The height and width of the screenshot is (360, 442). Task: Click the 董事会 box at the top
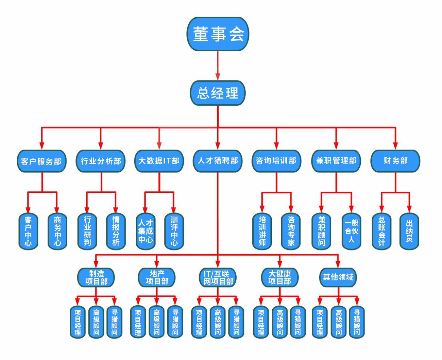[218, 34]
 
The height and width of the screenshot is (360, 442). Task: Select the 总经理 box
[218, 93]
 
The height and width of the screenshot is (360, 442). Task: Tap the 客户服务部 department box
[41, 161]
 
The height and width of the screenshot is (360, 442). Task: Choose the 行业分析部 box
[101, 161]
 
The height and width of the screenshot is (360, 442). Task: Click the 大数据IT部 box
[159, 161]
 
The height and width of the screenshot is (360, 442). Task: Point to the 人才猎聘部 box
[218, 161]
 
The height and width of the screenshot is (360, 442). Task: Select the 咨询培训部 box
[276, 161]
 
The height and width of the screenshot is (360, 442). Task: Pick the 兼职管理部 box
[336, 161]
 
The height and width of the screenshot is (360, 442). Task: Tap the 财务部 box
[395, 161]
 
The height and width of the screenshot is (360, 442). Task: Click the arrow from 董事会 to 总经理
[218, 66]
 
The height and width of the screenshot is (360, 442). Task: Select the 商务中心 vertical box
[57, 232]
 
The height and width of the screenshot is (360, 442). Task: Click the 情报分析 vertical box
[116, 232]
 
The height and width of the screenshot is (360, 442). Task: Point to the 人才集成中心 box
[146, 232]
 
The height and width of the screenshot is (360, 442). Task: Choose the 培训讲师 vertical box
[262, 232]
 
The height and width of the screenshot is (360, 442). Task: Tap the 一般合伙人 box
[351, 232]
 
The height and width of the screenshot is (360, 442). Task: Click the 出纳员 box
[409, 232]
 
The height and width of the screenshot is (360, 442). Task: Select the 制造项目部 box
[96, 277]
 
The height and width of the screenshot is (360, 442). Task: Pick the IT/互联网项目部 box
[218, 278]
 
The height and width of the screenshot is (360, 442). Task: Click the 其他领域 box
[338, 277]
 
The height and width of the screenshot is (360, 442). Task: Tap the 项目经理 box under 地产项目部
[138, 322]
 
